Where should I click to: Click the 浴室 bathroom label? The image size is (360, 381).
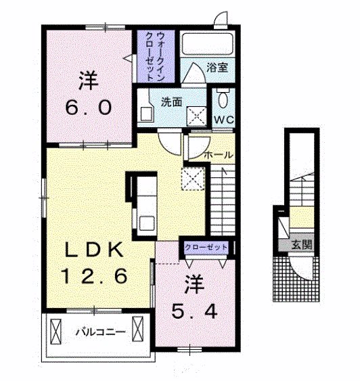pos(217,68)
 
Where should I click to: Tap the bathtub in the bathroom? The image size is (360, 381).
pos(207,44)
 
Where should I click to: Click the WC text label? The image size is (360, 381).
pos(224,120)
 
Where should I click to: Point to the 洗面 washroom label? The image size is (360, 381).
pos(171,102)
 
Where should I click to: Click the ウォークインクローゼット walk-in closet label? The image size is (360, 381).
pos(155,57)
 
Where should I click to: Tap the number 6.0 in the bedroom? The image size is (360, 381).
pos(89,108)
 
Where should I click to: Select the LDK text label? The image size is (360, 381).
pos(95,250)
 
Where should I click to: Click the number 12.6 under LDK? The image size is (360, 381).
pos(95,276)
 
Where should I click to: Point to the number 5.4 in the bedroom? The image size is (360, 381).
pos(194,312)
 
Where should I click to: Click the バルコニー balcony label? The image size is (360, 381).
pos(101,332)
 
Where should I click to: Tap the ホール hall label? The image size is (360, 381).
pos(219,155)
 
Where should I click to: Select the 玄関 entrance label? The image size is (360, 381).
pos(301,244)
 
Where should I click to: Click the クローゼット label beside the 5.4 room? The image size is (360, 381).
pos(206,248)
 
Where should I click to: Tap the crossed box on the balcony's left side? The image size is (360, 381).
pos(55,332)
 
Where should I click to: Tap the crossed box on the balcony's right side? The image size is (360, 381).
pos(137,329)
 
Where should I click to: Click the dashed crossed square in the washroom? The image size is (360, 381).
pos(196,116)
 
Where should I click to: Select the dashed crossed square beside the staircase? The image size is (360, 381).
pos(193,179)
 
